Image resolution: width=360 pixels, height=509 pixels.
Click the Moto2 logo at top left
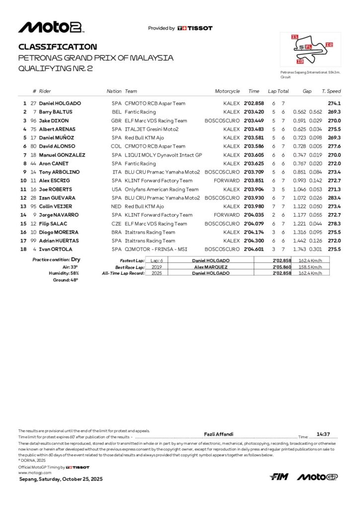coord(50,27)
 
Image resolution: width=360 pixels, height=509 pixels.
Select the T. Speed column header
coord(331,91)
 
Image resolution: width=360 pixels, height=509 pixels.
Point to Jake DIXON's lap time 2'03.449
coord(254,121)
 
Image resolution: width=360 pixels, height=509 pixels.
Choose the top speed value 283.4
coord(334,198)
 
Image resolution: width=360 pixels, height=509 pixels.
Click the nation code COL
coord(117,146)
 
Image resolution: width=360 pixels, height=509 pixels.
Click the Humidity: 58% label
coord(63,273)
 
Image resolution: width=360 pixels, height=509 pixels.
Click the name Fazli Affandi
coord(219,434)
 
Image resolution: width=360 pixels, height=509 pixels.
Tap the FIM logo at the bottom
coord(279,477)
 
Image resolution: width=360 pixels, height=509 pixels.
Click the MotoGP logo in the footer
coord(317,477)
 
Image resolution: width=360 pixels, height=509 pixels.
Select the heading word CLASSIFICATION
coord(54,47)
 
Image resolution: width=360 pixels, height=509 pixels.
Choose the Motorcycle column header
coord(227,91)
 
